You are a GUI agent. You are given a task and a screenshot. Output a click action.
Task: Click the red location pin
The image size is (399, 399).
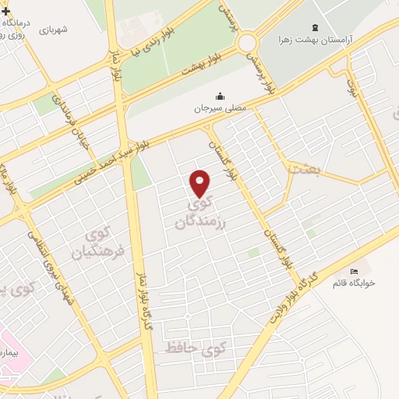(x=200, y=182)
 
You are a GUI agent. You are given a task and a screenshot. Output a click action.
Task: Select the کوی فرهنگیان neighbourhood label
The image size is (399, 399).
(x=99, y=243)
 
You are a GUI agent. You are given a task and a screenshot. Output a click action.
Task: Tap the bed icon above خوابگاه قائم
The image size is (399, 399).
(x=355, y=270)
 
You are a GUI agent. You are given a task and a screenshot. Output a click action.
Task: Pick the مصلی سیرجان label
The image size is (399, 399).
(x=221, y=108)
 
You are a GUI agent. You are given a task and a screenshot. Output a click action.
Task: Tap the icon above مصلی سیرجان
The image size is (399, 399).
(x=221, y=97)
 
